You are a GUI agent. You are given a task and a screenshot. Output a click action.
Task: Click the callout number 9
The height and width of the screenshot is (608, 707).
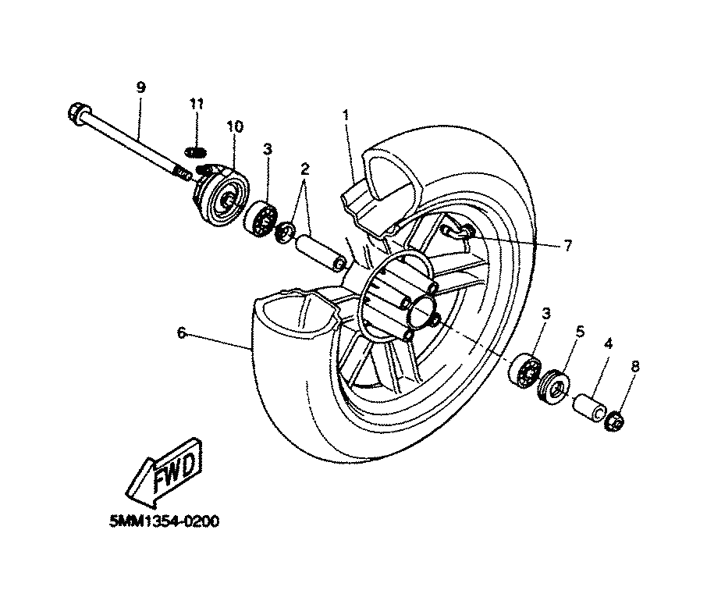click(x=140, y=87)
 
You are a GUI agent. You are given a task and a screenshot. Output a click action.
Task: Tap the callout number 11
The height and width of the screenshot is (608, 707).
click(x=197, y=104)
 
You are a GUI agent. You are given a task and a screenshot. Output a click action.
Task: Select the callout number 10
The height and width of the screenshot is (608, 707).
click(x=234, y=126)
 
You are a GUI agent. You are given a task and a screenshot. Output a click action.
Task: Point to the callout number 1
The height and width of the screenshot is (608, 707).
click(x=346, y=115)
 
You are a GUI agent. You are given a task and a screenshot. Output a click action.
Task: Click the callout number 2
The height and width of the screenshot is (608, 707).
click(x=305, y=169)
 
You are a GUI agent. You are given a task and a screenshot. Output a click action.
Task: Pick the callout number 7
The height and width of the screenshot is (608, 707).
click(x=567, y=245)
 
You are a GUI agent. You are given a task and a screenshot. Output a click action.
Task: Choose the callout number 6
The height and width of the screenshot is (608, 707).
click(x=181, y=333)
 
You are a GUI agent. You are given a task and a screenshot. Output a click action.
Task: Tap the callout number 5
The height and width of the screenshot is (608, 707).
click(x=581, y=332)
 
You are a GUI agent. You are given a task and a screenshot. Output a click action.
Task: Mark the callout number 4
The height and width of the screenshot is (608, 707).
click(x=608, y=344)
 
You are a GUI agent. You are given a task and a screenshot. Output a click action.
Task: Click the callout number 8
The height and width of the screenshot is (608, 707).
click(x=635, y=367)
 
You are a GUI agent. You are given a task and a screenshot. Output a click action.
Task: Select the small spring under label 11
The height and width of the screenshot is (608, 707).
click(x=197, y=153)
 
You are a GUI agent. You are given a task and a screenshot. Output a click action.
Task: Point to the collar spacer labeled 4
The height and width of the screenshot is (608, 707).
click(x=589, y=407)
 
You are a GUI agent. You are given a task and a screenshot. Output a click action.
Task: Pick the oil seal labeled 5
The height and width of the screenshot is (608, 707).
click(x=554, y=386)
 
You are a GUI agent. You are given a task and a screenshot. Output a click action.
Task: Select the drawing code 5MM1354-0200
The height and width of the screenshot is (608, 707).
click(x=165, y=521)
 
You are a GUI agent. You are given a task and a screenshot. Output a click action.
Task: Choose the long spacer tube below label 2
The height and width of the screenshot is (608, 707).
click(x=321, y=253)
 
